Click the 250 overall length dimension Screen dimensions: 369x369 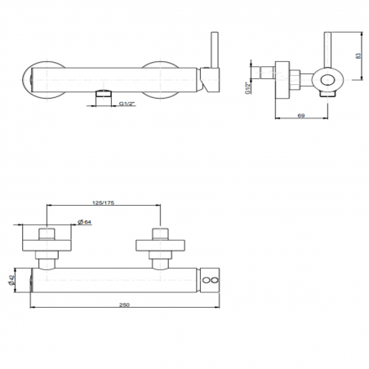125,305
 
